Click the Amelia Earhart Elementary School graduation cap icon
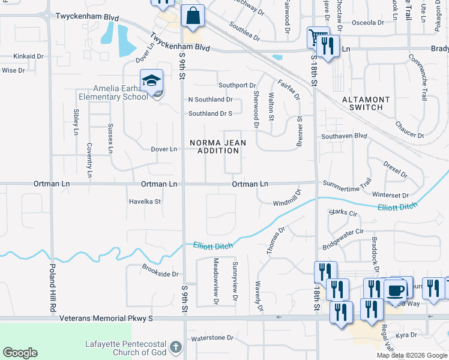click(x=151, y=80)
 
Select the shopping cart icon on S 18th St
click(x=317, y=38)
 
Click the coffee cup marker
click(x=395, y=290)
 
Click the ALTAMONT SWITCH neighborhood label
click(x=366, y=103)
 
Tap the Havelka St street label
click(x=145, y=202)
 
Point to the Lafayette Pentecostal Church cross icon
click(x=175, y=347)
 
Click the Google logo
click(x=20, y=353)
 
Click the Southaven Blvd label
click(x=343, y=136)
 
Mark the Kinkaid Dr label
click(x=29, y=56)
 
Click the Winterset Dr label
click(x=390, y=196)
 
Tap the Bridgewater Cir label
click(x=343, y=231)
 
